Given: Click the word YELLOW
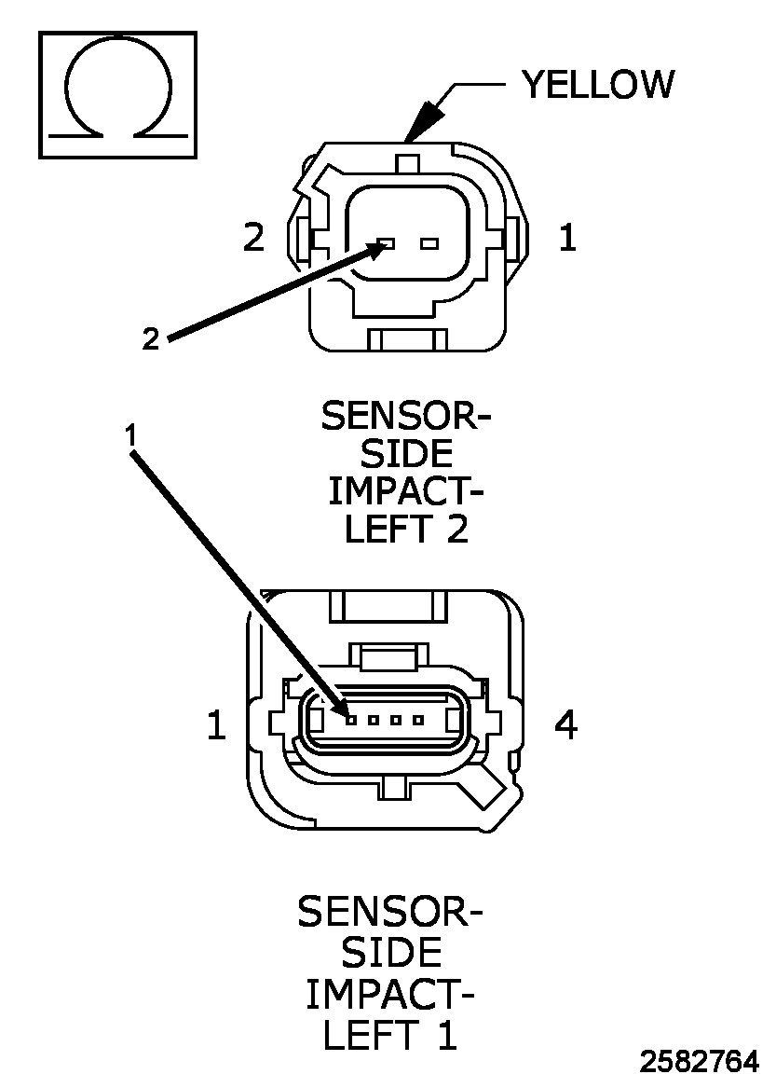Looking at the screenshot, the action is tap(598, 85).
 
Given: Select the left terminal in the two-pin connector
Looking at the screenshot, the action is tap(386, 243).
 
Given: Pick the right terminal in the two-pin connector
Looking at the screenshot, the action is tap(430, 243).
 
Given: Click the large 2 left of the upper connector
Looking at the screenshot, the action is tap(253, 238).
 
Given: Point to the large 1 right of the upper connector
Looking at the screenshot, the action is tap(568, 238).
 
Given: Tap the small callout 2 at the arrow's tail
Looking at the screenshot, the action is tap(151, 338).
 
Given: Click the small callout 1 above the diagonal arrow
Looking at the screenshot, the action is tap(131, 435).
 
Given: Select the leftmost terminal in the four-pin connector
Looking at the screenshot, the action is tap(351, 720).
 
